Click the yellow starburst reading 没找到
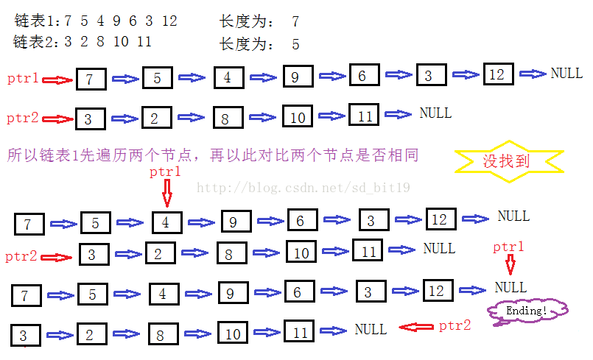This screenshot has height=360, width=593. point(508,160)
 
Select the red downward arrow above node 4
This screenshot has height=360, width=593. point(166,194)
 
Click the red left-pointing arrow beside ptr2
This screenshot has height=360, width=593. point(415,327)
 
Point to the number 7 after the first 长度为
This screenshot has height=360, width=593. point(295,21)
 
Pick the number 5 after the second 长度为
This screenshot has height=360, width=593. point(295,43)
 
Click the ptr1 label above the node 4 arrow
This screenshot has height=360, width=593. point(165,172)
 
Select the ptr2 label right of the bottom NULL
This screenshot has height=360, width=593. point(455,325)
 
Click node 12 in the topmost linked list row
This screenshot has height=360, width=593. point(498,74)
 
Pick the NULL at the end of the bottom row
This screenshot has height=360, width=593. point(371,330)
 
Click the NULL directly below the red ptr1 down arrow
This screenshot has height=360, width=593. point(510,287)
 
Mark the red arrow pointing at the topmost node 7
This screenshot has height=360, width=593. point(59,80)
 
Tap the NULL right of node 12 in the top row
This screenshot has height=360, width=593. point(566,74)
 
